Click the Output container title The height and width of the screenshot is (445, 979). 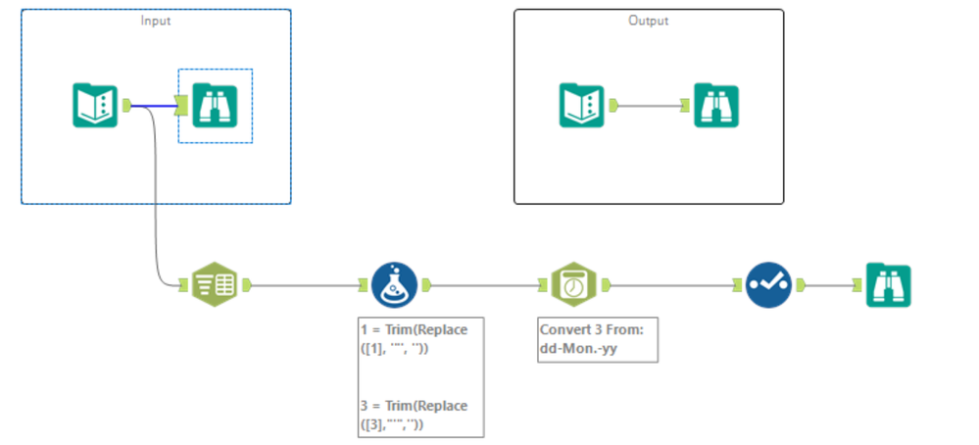coord(648,21)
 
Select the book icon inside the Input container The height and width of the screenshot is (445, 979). coord(95,106)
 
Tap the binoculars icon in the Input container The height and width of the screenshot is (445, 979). coord(216,106)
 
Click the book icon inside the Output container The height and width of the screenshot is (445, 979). coord(581,106)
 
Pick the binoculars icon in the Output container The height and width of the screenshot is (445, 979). coord(716,106)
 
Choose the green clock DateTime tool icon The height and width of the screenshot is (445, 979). coord(573,286)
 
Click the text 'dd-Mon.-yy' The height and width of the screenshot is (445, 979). coord(577,347)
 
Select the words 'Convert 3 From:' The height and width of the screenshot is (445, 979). coord(590,329)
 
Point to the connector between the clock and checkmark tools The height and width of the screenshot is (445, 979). coord(672,286)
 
